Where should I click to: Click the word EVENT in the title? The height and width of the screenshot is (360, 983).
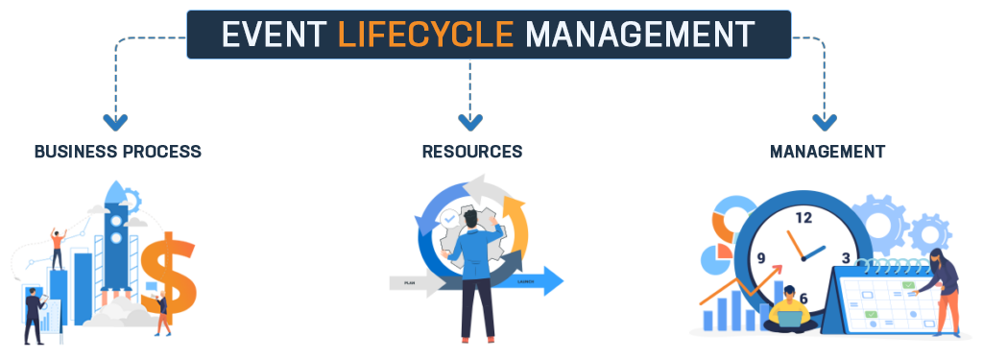pos(275,35)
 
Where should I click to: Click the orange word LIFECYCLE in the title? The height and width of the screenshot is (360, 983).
pos(426,35)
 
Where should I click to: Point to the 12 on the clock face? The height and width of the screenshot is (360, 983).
pos(803,218)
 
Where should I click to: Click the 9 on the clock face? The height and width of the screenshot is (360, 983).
pos(762,258)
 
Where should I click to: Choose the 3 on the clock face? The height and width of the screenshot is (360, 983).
pos(846,257)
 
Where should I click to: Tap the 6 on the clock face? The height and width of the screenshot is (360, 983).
pos(803,298)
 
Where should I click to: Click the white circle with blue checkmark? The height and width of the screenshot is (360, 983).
pos(448,219)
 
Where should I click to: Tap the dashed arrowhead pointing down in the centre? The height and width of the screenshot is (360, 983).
pos(470,122)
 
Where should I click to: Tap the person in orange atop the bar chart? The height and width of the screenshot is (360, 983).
pos(59,245)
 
